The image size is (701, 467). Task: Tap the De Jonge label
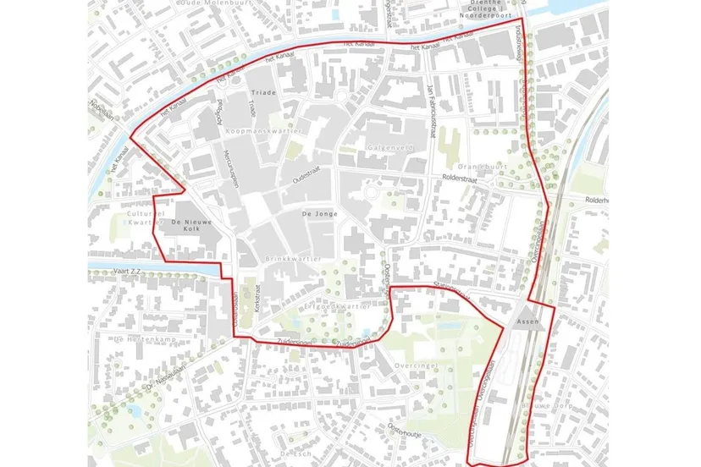pyautogui.click(x=319, y=215)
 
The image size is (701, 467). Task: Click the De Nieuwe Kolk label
pyautogui.click(x=190, y=226)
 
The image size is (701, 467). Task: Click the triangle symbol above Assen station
pyautogui.click(x=521, y=310)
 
